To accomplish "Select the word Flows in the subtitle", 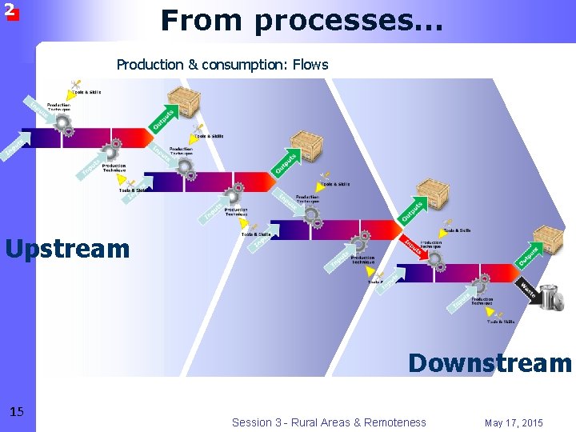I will point(310,64).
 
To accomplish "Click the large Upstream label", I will point(67,249).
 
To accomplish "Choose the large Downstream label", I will point(490,363).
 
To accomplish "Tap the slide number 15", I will point(17,412).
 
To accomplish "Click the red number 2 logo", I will point(10,10).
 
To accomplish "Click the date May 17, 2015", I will point(514,422).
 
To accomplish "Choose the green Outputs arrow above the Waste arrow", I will point(527,254).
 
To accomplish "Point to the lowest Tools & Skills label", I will point(501,322).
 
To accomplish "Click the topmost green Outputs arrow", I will point(162,118).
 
